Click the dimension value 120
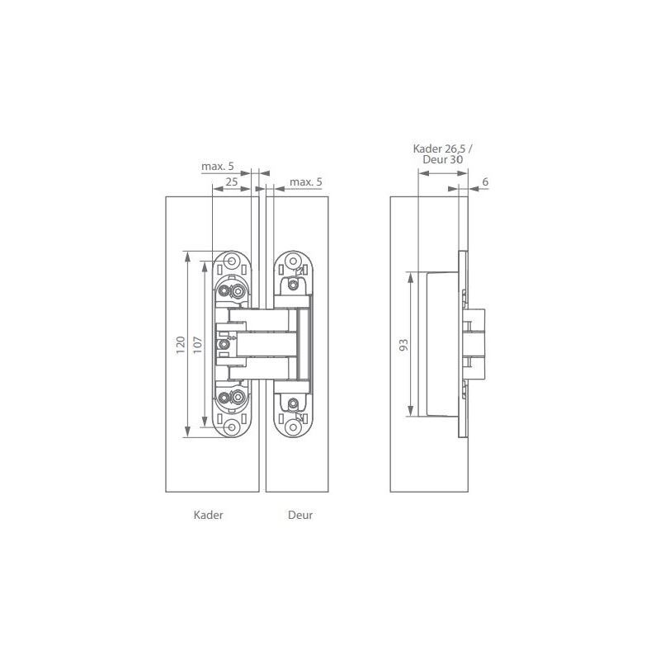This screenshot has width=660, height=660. coord(181,345)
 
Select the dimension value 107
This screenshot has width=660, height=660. coord(197,345)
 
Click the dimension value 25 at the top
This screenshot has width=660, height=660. coord(232,180)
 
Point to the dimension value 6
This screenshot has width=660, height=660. coord(487,180)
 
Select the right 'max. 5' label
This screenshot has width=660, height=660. coord(307,181)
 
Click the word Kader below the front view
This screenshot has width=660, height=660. coord(210,514)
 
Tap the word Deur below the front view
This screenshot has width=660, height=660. coord(300,514)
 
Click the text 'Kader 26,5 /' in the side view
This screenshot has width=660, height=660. coord(442,149)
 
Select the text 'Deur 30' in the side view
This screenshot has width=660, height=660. coord(442,161)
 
